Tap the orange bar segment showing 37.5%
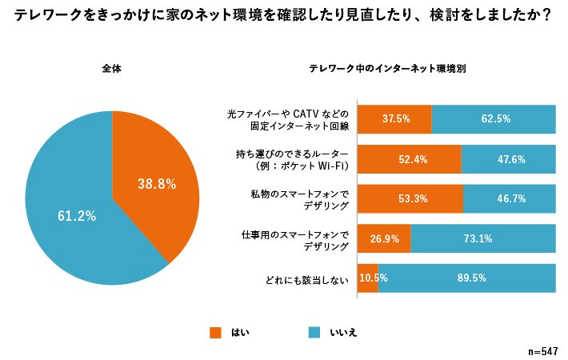394,118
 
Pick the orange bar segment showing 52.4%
409,159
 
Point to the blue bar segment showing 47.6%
509,159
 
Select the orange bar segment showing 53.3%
410,199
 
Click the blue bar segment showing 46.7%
510,199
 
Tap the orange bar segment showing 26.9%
384,238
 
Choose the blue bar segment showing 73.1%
483,238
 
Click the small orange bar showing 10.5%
367,278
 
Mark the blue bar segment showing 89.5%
467,278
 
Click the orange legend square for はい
214,331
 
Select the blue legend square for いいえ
314,331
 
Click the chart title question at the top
283,15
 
